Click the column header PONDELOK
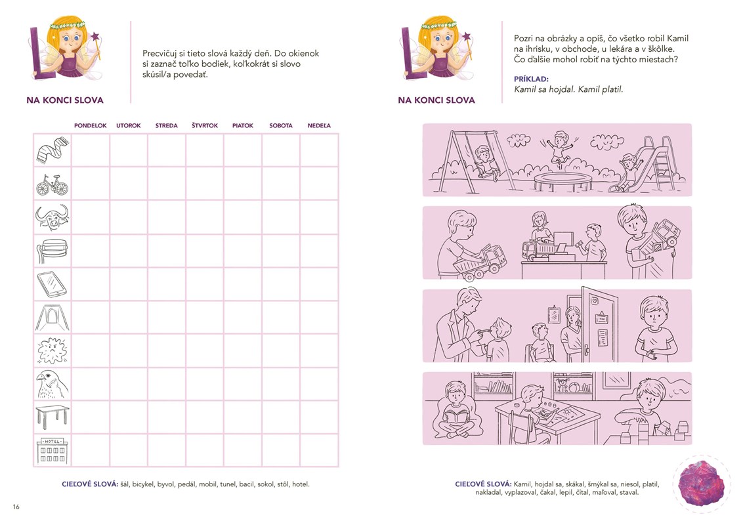91,125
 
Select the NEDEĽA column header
319,125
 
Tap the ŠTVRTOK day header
205,125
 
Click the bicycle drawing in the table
52,185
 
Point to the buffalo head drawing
52,217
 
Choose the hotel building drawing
52,451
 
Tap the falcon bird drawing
52,385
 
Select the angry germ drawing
52,350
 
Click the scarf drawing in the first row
52,150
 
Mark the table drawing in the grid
52,417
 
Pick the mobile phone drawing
52,283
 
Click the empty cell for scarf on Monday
91,150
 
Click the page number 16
16,507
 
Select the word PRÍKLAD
531,79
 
